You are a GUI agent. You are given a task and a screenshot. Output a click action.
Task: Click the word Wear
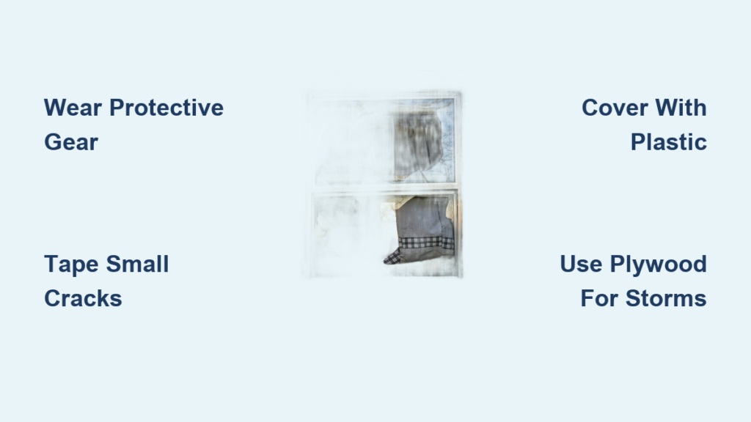[73, 108]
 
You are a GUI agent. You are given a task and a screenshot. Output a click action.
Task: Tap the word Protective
[166, 108]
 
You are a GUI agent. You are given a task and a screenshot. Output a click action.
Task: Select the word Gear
[71, 142]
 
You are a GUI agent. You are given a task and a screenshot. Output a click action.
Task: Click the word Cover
[615, 108]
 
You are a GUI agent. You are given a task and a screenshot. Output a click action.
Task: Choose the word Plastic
[669, 142]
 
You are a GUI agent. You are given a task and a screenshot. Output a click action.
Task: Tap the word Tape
[71, 264]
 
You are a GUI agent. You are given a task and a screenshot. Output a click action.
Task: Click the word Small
[137, 264]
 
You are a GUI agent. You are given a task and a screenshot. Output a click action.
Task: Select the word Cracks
[83, 299]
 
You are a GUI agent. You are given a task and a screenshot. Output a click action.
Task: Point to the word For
[599, 299]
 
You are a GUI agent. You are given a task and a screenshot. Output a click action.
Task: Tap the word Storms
[666, 299]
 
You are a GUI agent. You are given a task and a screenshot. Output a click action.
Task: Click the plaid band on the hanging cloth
[425, 243]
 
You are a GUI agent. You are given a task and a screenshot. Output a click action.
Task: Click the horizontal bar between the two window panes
[386, 188]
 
